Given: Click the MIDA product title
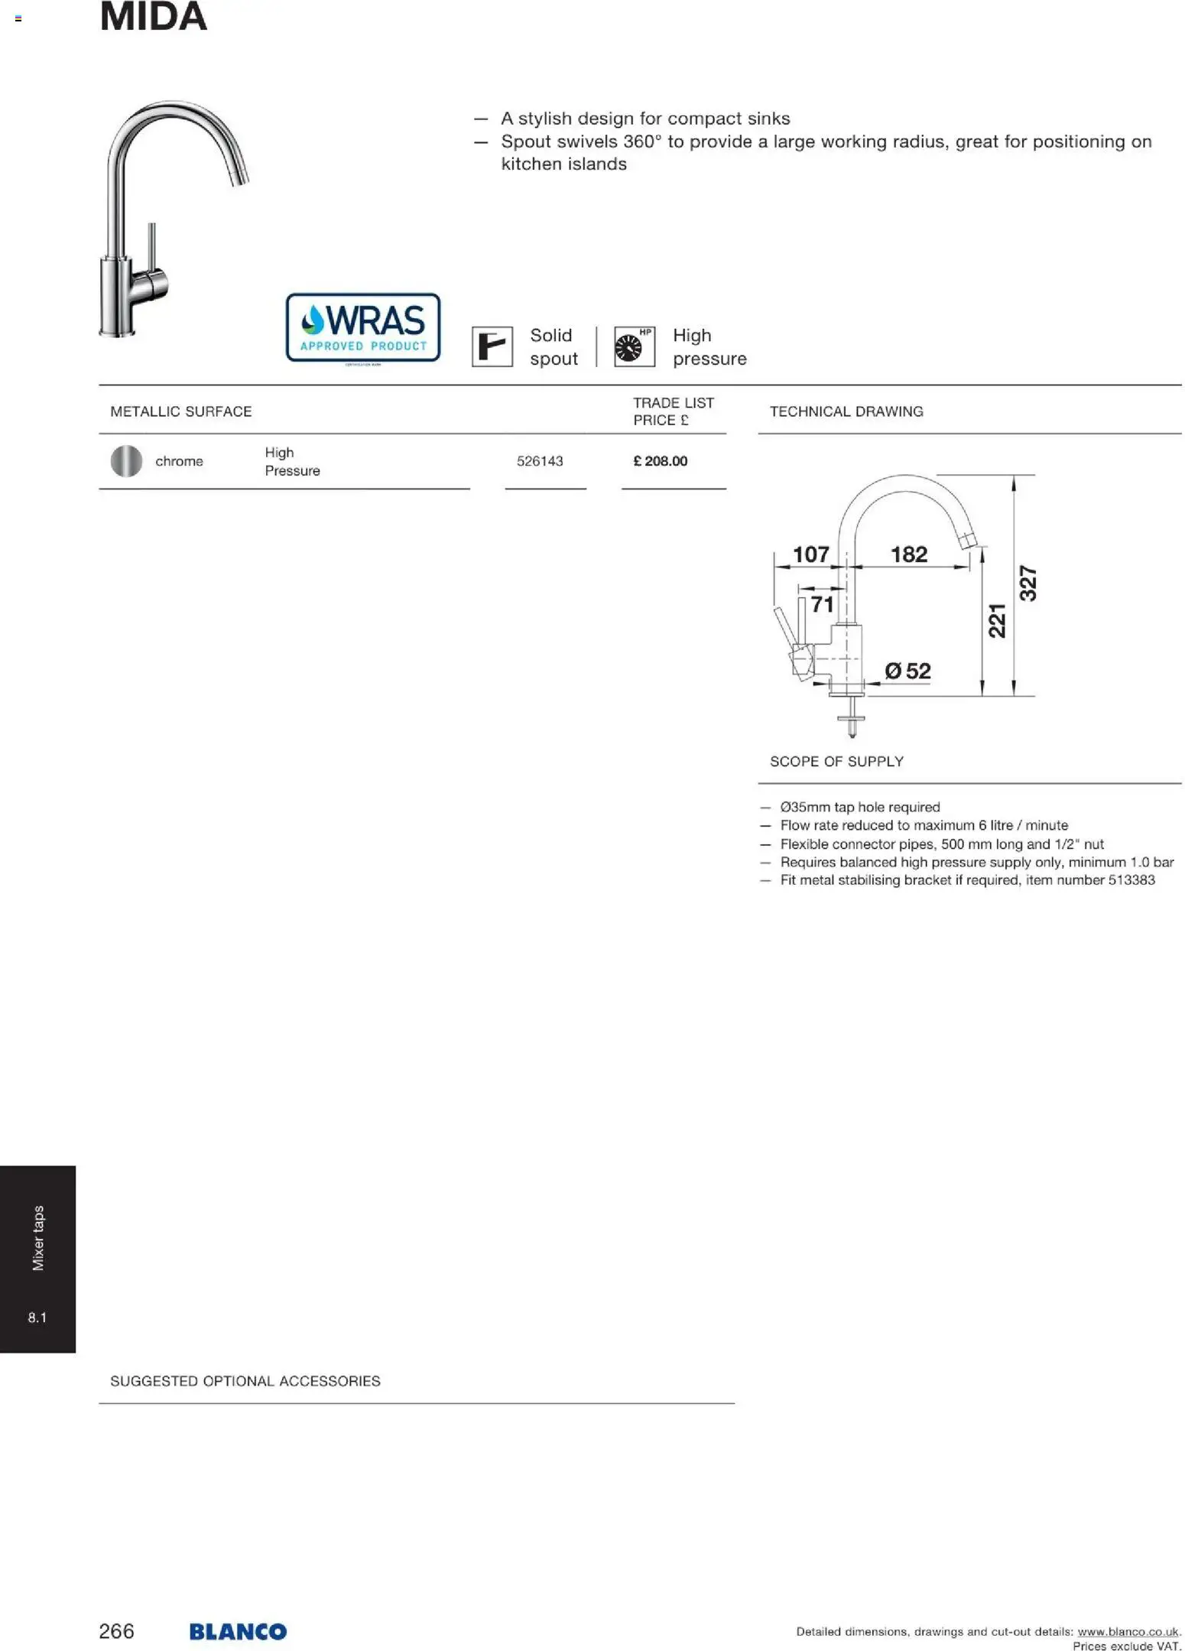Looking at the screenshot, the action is [153, 17].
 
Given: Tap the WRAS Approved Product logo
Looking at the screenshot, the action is [362, 327].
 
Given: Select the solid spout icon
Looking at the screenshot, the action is [492, 346].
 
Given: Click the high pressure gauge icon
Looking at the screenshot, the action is [634, 346].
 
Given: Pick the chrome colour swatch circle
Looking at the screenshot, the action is [126, 461].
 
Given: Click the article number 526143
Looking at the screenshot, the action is [539, 461].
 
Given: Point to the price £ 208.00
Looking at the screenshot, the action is [660, 461].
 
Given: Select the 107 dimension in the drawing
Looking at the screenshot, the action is [810, 554].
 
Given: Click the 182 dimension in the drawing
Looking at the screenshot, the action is [908, 554].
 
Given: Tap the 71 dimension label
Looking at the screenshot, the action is [822, 604].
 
